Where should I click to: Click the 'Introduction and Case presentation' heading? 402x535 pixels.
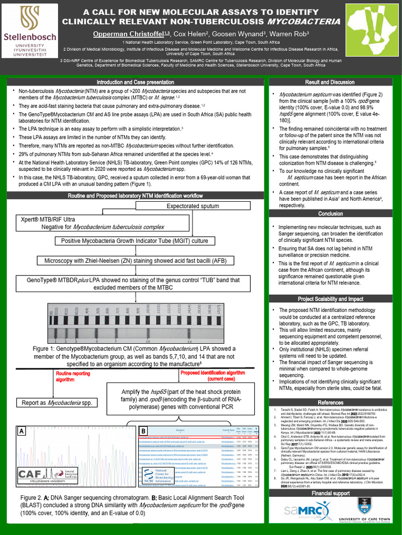click(x=135, y=83)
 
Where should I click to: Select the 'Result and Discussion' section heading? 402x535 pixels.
click(x=330, y=83)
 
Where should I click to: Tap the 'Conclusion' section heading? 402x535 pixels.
click(x=330, y=214)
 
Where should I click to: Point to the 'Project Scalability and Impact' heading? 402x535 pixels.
click(x=330, y=299)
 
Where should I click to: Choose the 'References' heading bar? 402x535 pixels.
click(x=330, y=402)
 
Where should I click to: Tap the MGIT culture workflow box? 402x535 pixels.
click(x=135, y=241)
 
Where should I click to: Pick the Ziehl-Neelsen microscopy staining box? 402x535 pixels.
click(x=135, y=260)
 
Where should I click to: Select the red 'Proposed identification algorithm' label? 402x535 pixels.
click(x=212, y=376)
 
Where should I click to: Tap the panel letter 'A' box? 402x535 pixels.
click(x=22, y=432)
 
